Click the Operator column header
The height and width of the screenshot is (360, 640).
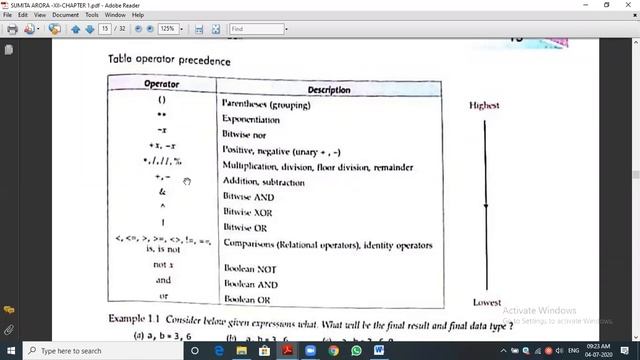coord(161,84)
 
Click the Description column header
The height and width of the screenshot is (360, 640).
coord(329,90)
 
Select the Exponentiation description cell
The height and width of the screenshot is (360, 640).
coord(251,119)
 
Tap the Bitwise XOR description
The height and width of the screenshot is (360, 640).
coord(249,212)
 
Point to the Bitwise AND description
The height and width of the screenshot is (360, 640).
coord(249,197)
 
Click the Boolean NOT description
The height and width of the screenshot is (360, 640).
coord(250,269)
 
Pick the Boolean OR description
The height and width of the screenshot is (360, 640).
coord(247,298)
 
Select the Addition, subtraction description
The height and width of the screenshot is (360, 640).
coord(264,183)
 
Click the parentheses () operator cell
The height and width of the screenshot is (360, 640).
coord(162,101)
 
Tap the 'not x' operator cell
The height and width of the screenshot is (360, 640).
coord(163,265)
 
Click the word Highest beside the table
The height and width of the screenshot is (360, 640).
coord(484,105)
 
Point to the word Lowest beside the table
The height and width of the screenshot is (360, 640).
coord(486,302)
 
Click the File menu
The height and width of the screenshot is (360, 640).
coord(8,15)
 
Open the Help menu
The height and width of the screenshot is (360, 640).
coord(138,15)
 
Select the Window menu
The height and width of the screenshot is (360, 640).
coord(115,15)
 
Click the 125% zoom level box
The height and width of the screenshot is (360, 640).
coord(167,29)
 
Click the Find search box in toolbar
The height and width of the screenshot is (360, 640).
coord(257,29)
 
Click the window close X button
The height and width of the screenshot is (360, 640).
coord(627,5)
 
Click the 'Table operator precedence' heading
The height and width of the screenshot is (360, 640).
coord(169,60)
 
